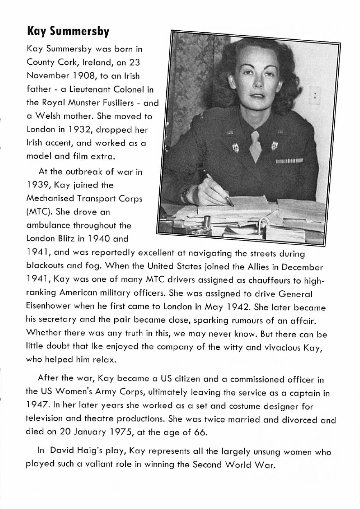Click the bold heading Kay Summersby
tap(68, 31)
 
